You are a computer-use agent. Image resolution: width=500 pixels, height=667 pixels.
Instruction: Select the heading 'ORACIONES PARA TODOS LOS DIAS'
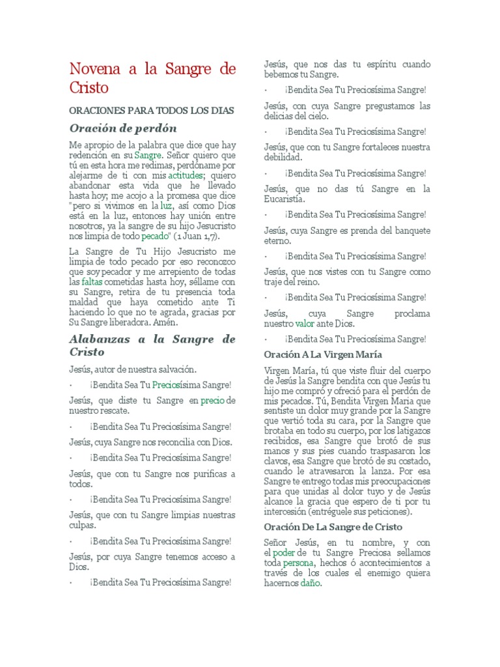pyautogui.click(x=151, y=111)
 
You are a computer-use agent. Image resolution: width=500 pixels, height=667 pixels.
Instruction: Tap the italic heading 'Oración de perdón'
pyautogui.click(x=123, y=128)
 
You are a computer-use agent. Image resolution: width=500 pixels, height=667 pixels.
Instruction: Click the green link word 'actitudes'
pyautogui.click(x=186, y=176)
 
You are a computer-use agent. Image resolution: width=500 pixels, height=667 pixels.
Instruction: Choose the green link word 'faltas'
pyautogui.click(x=92, y=282)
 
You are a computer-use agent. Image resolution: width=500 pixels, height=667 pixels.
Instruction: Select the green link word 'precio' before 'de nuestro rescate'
pyautogui.click(x=212, y=401)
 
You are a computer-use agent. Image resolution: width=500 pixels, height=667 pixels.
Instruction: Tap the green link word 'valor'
pyautogui.click(x=305, y=324)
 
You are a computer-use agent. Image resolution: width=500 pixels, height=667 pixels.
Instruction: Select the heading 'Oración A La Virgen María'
pyautogui.click(x=323, y=354)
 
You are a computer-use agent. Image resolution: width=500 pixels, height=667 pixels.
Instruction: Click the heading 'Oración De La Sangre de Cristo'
pyautogui.click(x=333, y=526)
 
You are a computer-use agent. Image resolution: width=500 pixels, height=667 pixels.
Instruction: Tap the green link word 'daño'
pyautogui.click(x=311, y=584)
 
